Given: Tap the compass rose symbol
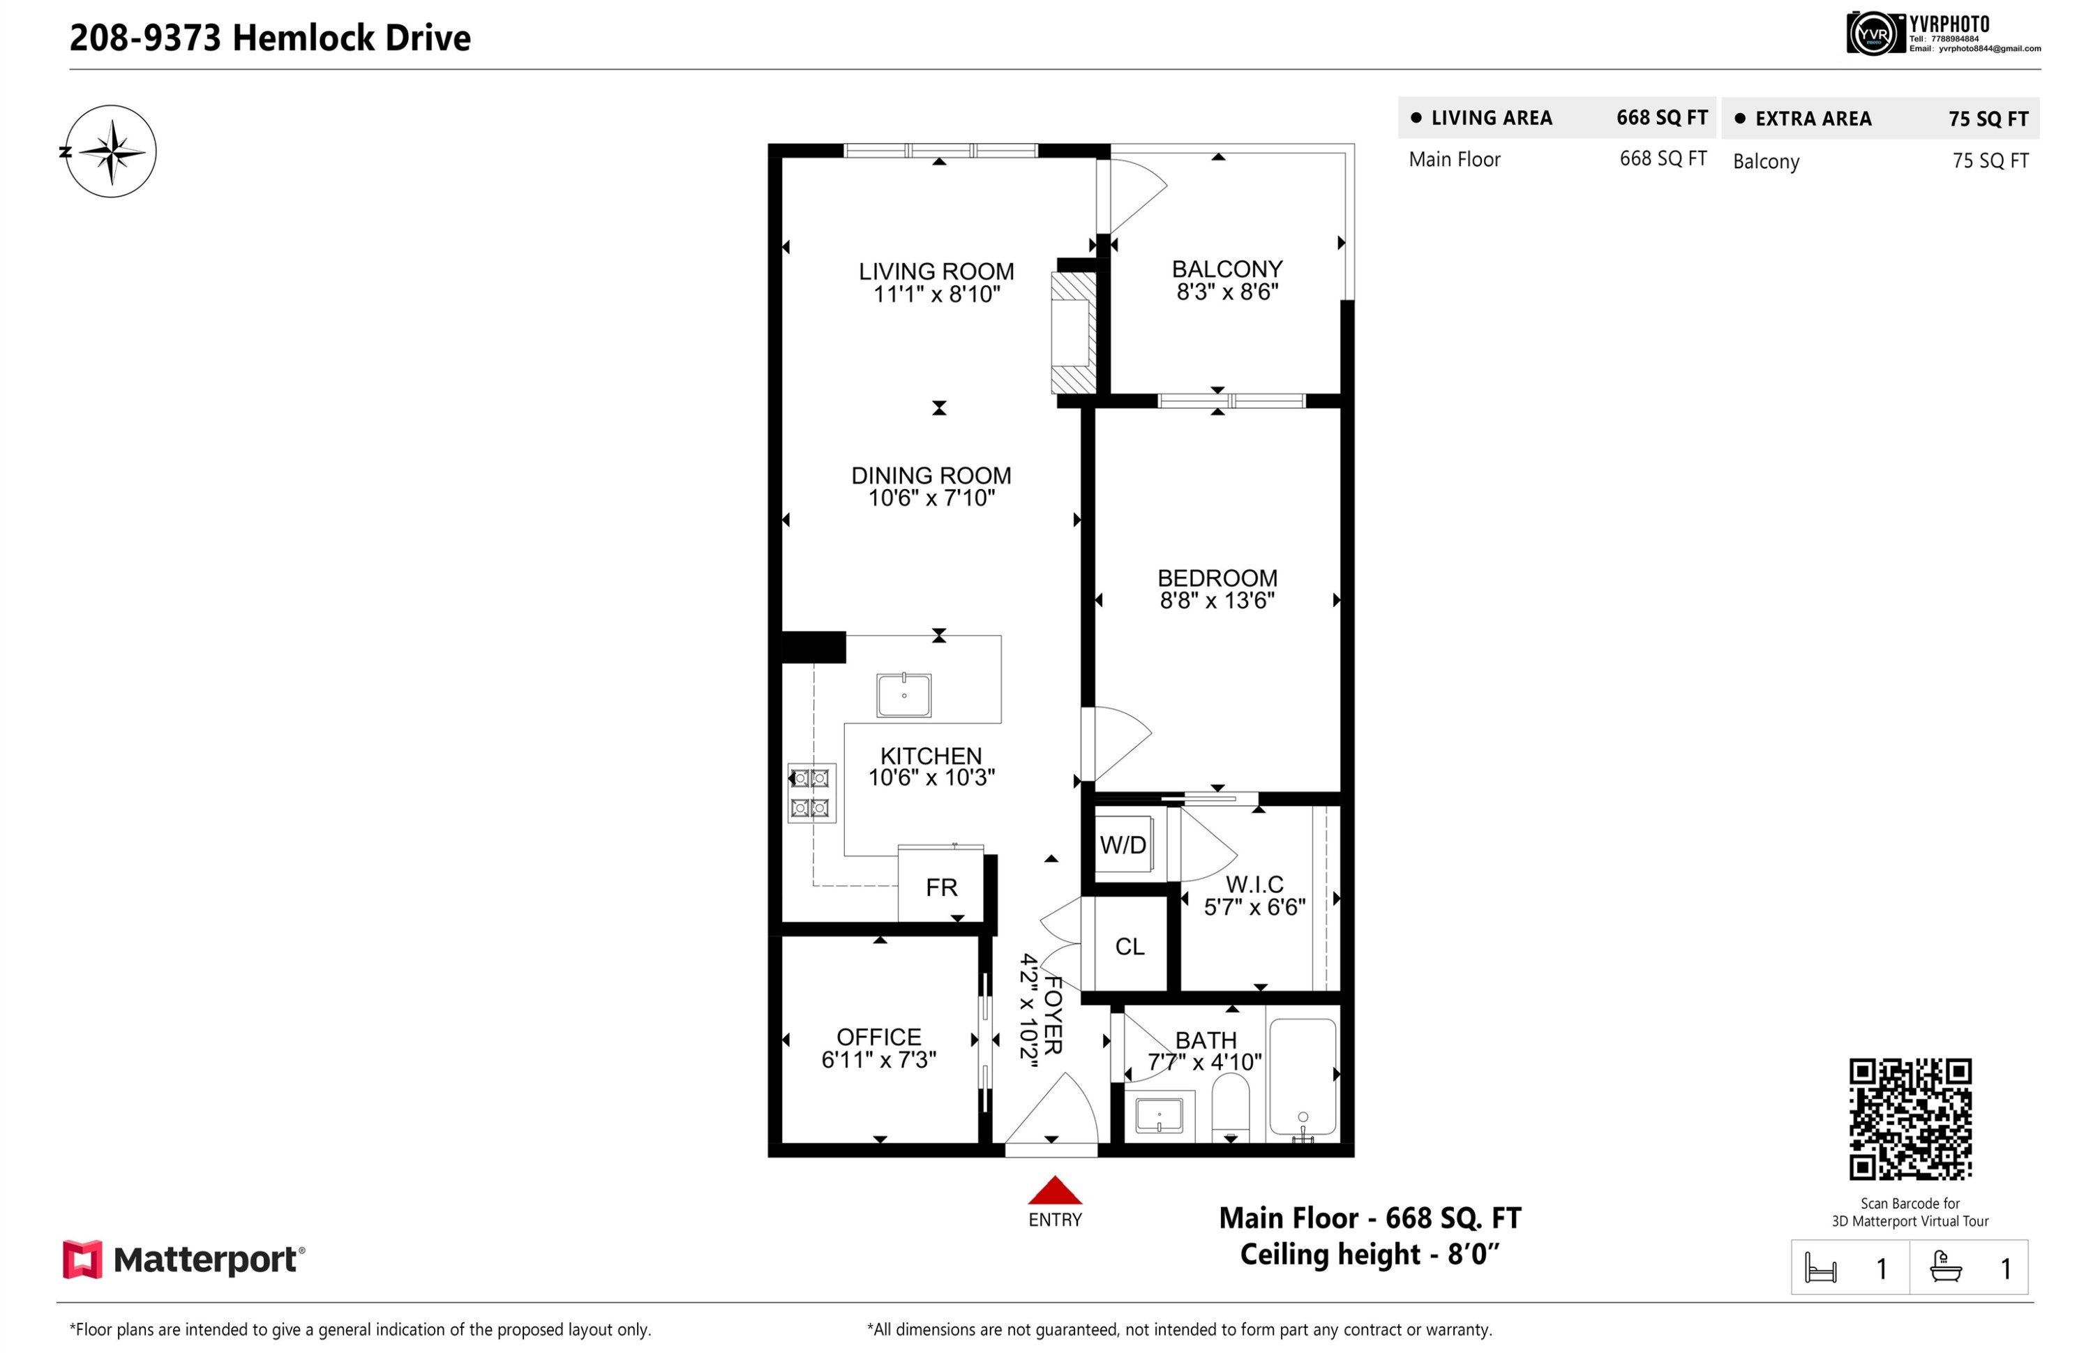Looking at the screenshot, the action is click(x=111, y=151).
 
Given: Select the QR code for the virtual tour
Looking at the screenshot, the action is click(x=1910, y=1119).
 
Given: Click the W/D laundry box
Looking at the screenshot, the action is click(x=1123, y=844).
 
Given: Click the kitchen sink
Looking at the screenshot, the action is click(x=903, y=695).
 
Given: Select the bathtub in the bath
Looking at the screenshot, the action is click(x=1303, y=1079).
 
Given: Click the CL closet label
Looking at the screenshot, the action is click(x=1130, y=946).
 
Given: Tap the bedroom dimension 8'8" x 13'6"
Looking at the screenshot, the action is click(x=1217, y=600).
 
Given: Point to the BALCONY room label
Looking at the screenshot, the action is click(x=1227, y=269).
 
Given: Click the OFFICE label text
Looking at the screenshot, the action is click(x=878, y=1037).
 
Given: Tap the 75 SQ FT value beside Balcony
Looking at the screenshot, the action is click(x=1990, y=160).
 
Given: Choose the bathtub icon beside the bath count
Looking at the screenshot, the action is click(x=1946, y=1267).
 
